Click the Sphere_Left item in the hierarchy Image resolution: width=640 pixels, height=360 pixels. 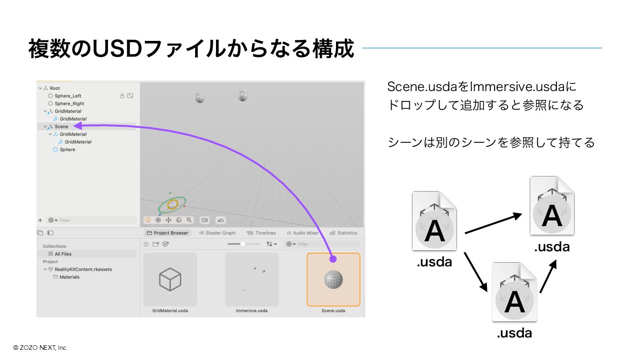click(68, 96)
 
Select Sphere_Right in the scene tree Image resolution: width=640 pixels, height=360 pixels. click(69, 104)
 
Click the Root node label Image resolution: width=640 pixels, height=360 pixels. click(55, 88)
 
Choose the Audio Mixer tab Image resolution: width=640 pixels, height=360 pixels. click(303, 233)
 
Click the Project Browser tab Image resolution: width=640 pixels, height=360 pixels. click(168, 233)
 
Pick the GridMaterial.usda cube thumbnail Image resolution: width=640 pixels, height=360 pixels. click(170, 280)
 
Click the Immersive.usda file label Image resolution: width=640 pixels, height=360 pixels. click(252, 311)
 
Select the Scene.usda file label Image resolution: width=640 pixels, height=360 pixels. click(333, 311)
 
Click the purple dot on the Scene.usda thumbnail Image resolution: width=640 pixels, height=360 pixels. click(333, 259)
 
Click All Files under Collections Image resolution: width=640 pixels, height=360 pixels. click(63, 254)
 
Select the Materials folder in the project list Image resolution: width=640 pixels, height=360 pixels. click(69, 277)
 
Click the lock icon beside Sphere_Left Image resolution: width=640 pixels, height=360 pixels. click(122, 96)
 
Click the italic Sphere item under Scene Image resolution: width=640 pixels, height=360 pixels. click(67, 150)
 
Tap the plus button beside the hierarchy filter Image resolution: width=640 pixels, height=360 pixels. click(40, 220)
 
